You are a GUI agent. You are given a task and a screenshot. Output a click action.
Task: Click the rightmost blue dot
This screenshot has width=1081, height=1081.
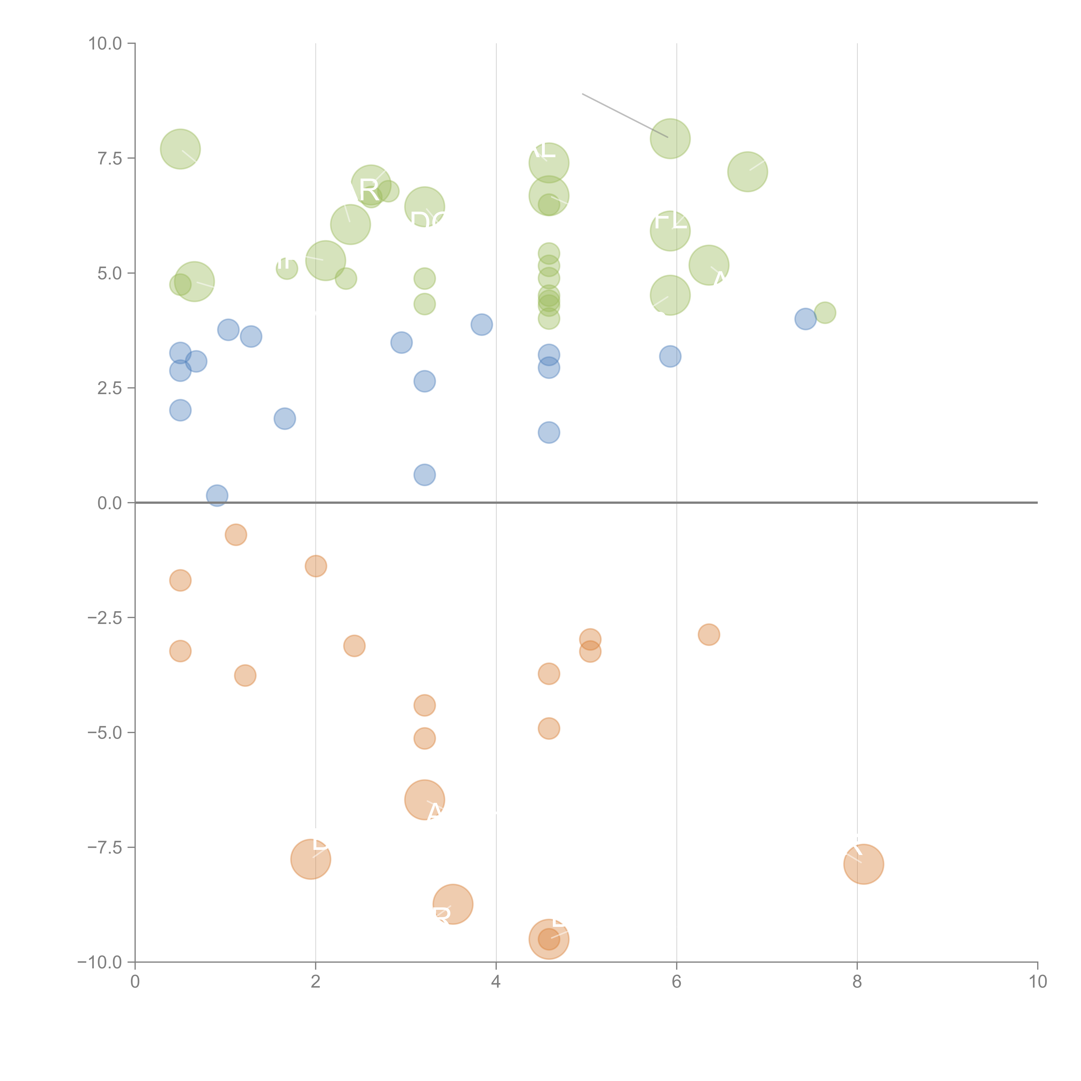[805, 319]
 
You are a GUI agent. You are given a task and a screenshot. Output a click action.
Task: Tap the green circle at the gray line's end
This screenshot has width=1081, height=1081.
[670, 139]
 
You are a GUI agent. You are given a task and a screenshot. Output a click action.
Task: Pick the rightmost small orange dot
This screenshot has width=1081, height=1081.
[708, 635]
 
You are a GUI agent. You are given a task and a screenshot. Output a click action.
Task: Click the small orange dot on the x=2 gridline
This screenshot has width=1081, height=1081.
[316, 566]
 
